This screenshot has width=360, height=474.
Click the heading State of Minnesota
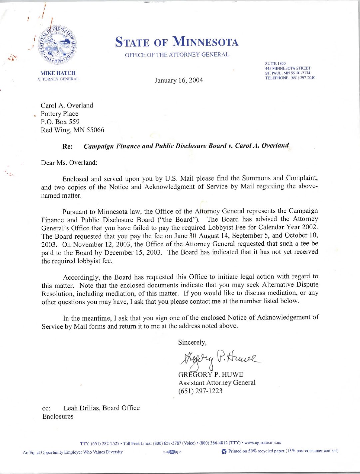(177, 42)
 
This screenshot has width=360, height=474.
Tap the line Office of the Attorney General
(177, 55)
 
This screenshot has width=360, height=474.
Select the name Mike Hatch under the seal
(58, 73)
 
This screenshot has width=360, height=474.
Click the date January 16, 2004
(179, 80)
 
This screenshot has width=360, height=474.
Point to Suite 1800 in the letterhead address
(275, 63)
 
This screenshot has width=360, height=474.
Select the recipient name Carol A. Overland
(67, 106)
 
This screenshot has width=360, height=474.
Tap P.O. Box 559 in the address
(60, 122)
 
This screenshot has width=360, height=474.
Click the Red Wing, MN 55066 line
(72, 130)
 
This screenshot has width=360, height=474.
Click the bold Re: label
(67, 146)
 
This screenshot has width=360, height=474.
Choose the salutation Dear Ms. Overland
(69, 163)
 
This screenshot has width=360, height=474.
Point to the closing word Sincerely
(192, 343)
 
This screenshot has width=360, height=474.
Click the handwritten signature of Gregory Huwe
(220, 359)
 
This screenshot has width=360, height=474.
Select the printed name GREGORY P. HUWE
(211, 374)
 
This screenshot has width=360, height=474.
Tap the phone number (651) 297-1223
(200, 391)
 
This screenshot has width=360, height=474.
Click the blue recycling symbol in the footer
(224, 451)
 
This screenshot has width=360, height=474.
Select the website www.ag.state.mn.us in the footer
(262, 443)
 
